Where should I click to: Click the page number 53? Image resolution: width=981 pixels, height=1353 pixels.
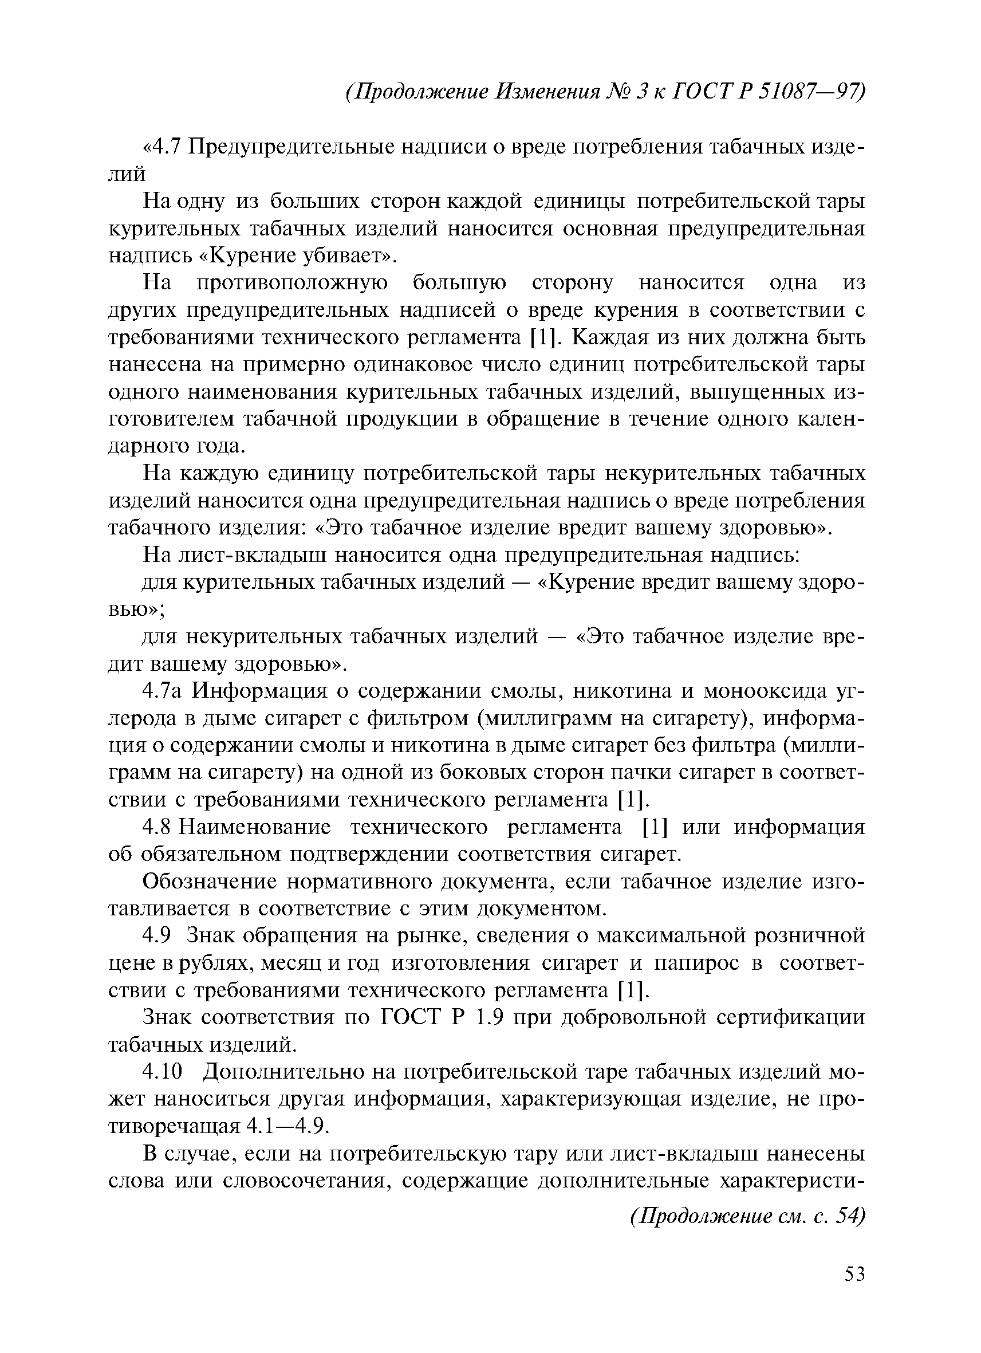tap(854, 1291)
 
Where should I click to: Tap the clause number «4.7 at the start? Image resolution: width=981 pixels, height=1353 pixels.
tap(161, 147)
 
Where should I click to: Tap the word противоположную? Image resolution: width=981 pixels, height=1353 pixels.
tap(291, 282)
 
